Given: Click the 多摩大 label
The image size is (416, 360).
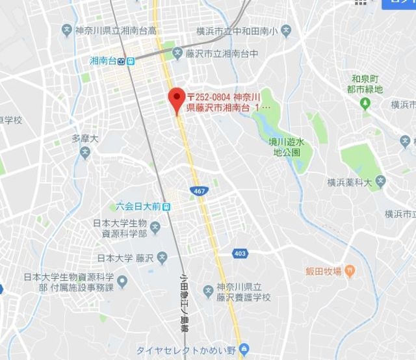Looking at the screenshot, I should pos(85,139).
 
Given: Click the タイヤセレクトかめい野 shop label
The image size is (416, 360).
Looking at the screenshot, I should pos(187,347).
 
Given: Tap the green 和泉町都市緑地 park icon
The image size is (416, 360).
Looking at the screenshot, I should pos(365,103).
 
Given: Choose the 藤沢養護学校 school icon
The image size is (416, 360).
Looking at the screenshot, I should pos(208,290).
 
